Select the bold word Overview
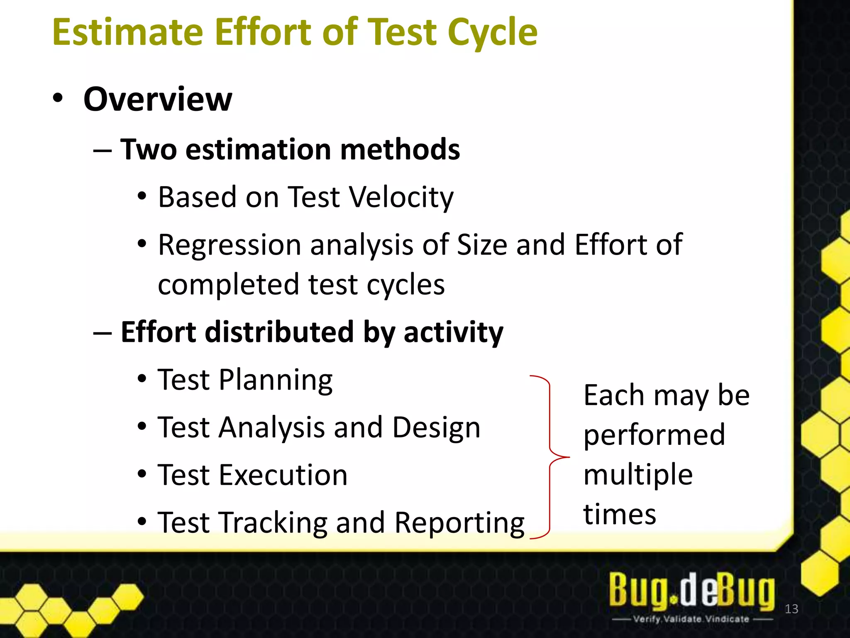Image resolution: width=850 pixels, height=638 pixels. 157,99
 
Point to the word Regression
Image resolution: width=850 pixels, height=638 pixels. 230,245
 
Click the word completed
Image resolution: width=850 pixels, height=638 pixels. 229,285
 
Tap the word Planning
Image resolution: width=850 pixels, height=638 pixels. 276,380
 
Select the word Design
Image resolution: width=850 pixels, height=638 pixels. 436,427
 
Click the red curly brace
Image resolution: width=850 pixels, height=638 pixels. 550,457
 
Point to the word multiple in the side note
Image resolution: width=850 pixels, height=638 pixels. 638,474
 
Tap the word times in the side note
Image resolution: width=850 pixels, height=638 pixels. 620,514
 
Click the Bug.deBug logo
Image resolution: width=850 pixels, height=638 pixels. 691,590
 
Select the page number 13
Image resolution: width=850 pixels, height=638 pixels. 791,609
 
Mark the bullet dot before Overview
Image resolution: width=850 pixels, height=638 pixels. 58,99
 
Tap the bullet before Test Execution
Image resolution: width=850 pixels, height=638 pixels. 142,474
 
